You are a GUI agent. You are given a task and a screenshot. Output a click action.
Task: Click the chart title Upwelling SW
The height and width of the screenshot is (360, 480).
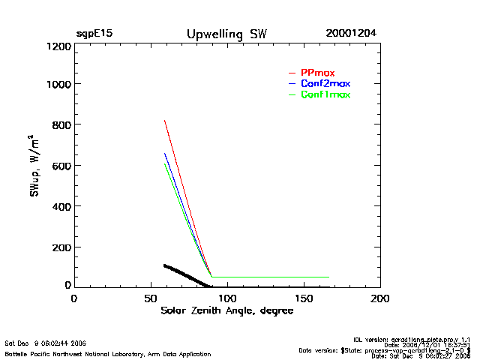[226, 34]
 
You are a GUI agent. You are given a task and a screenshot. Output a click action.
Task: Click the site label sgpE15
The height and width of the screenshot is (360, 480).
[94, 34]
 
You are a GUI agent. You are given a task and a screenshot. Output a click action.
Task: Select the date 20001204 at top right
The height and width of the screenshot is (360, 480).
[351, 34]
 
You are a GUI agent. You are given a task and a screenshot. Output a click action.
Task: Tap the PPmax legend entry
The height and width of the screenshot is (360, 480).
[316, 72]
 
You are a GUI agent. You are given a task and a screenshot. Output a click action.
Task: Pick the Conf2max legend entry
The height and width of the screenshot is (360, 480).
[324, 83]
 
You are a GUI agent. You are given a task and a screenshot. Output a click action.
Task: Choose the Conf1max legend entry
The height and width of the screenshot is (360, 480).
[324, 94]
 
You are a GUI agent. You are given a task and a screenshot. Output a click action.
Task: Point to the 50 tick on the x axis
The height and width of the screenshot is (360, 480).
[150, 298]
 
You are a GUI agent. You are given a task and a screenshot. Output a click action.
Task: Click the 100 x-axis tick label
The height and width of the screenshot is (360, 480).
[226, 298]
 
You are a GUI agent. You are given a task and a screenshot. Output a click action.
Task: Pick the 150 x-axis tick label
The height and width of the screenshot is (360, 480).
[303, 298]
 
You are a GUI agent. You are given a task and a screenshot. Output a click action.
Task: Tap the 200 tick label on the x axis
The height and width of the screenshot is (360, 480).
[380, 298]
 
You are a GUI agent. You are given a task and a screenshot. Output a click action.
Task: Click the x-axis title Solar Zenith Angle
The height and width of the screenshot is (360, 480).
[226, 310]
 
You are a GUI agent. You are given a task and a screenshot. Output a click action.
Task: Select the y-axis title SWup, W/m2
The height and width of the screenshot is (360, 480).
[35, 166]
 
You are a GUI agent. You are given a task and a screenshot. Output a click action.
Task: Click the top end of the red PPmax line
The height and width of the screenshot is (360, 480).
[165, 120]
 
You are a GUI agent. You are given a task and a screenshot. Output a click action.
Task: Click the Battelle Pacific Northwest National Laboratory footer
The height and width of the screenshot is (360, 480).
[108, 353]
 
